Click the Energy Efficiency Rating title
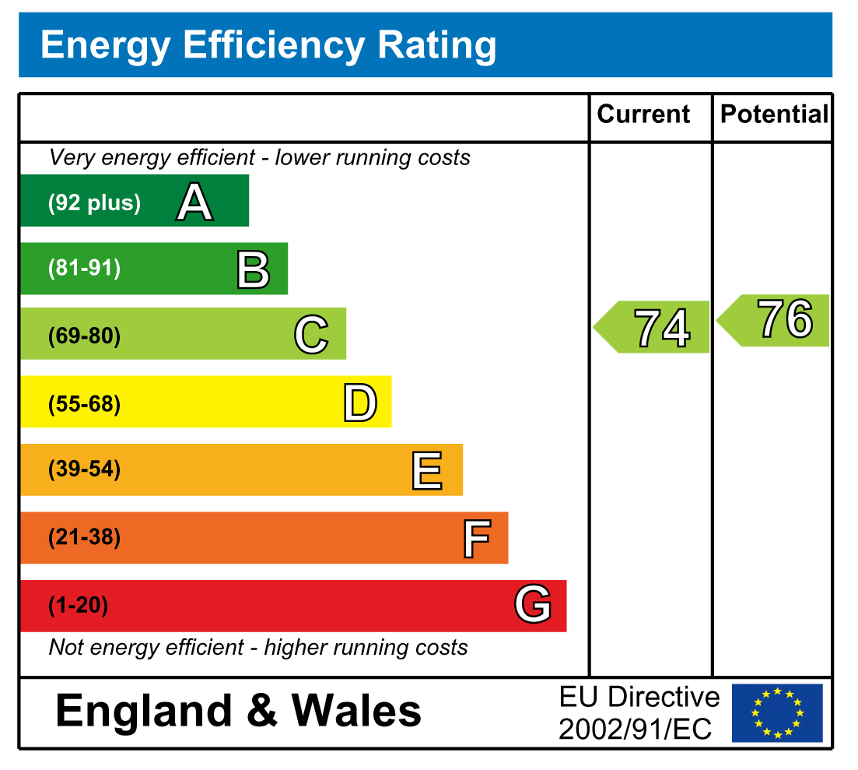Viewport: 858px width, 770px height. coord(268,45)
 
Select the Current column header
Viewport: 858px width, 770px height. coord(643,114)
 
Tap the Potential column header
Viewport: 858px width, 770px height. coord(774,114)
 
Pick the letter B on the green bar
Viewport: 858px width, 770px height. coord(253,269)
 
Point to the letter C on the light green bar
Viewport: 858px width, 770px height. coord(311,335)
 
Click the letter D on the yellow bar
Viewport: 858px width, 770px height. coord(360,403)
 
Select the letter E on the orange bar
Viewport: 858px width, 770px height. coord(427,471)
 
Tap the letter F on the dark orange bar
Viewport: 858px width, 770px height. coord(477,539)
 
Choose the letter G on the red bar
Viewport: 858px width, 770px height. coord(533,605)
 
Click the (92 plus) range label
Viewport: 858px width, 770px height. coord(94,203)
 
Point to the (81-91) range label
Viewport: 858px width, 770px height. coord(84,269)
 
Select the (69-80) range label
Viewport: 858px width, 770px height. coord(84,337)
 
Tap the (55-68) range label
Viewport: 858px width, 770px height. coord(84,404)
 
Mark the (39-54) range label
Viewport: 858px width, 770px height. coord(84,470)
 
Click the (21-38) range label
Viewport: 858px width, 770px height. coord(84,537)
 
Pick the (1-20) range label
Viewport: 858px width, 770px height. coord(78,606)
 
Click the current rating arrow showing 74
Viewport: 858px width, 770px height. coord(653,327)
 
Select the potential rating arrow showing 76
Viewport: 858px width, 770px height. coord(776,320)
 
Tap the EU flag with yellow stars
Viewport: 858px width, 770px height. coord(777,712)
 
